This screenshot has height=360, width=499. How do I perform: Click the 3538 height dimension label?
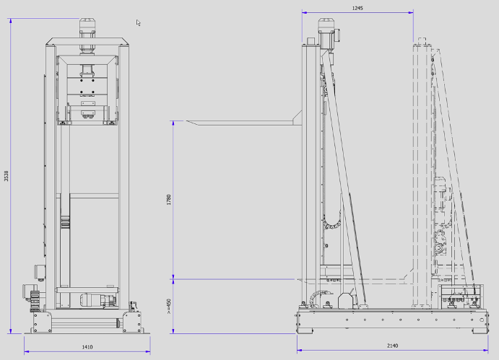point(6,176)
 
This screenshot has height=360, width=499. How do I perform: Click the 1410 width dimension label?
point(87,347)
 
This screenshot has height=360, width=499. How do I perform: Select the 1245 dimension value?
point(357,8)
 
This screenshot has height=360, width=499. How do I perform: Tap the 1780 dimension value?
point(169,199)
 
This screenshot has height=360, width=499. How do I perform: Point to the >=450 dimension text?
point(169,306)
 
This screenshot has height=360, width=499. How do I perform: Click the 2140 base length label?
point(392,346)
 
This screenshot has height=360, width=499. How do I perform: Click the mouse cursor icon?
point(138,23)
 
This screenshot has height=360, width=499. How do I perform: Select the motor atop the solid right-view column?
point(328,32)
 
